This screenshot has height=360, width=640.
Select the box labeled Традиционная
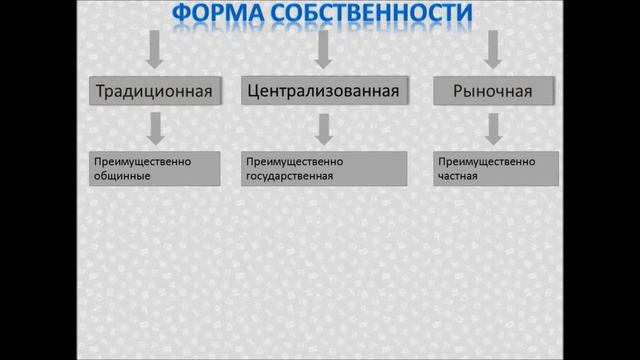(x=154, y=91)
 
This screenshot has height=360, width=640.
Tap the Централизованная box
(x=322, y=90)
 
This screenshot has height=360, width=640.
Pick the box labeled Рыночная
(x=492, y=91)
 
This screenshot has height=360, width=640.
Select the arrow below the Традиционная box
(x=154, y=128)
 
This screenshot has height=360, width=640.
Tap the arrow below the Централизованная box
(x=322, y=128)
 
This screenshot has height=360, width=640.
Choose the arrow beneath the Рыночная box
(x=492, y=128)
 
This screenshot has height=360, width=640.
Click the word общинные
(x=120, y=176)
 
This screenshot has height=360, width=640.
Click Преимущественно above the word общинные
(x=141, y=161)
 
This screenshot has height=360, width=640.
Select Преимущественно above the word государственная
(x=294, y=161)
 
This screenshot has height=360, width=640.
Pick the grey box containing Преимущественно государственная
(x=324, y=169)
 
